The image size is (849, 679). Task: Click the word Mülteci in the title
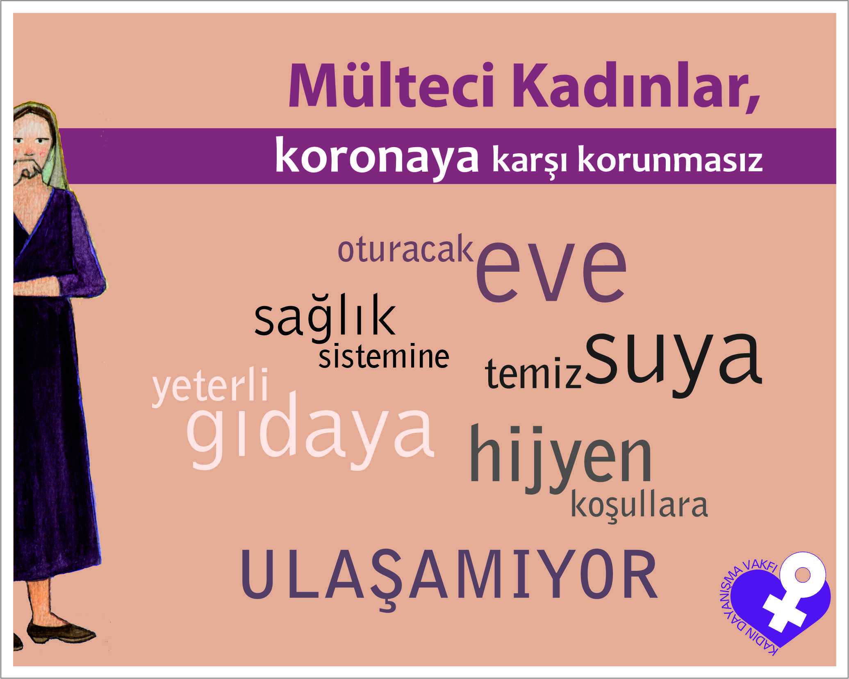(x=391, y=85)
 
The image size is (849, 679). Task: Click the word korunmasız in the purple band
(x=670, y=160)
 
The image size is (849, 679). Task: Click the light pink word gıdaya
(x=310, y=431)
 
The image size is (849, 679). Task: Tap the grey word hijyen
(x=560, y=459)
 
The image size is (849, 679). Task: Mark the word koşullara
(x=639, y=506)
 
